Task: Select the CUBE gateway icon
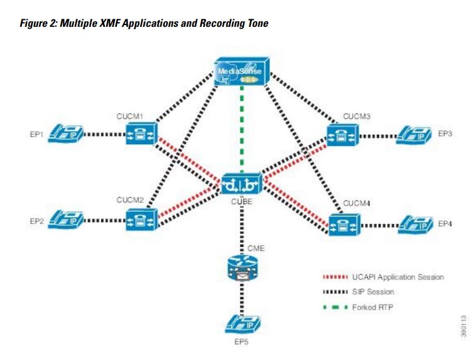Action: (x=242, y=184)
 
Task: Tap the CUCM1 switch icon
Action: (x=141, y=134)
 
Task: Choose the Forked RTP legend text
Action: (x=373, y=307)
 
